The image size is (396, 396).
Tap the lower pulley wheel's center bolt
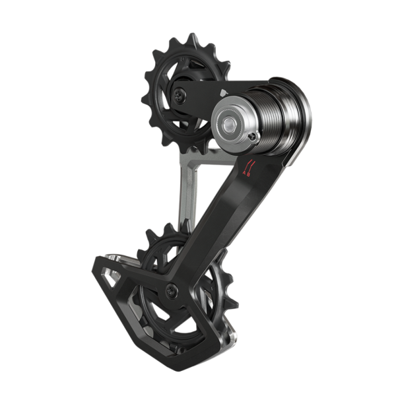pyautogui.click(x=172, y=288)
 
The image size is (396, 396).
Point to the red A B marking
pyautogui.click(x=249, y=169)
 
